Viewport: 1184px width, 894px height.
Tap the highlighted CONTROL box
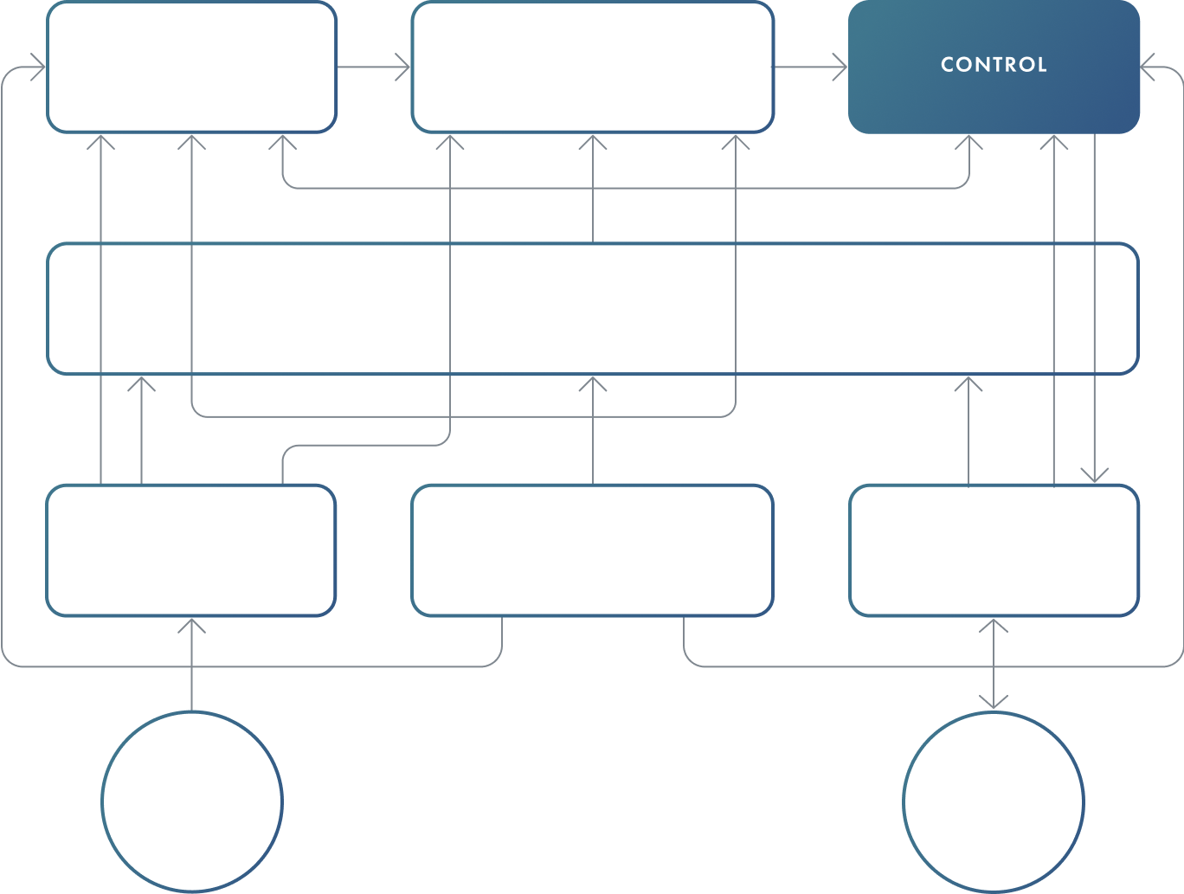click(x=994, y=66)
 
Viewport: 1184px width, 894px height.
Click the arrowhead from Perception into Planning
click(x=402, y=67)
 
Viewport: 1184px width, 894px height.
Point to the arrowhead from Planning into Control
click(x=840, y=67)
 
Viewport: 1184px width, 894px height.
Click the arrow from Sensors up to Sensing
click(x=191, y=662)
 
